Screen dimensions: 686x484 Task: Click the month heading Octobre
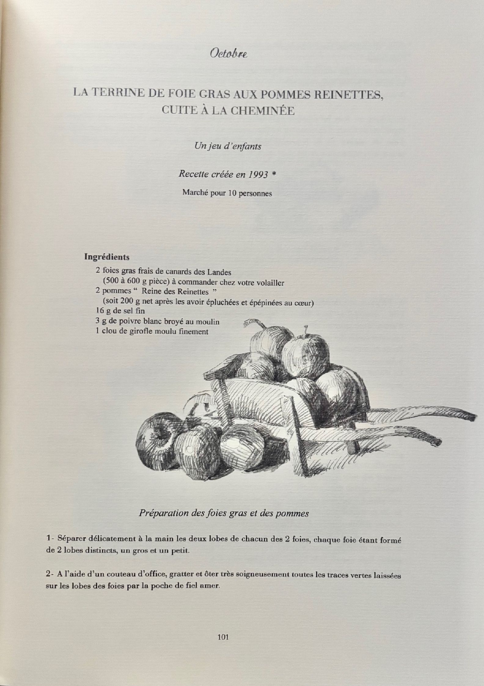point(228,54)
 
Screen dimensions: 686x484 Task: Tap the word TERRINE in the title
point(117,92)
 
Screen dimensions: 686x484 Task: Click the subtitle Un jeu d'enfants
point(228,146)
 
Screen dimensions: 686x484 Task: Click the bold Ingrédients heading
point(107,257)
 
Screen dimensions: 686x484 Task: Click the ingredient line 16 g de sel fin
point(120,311)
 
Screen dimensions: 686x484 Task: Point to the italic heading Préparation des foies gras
point(224,513)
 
